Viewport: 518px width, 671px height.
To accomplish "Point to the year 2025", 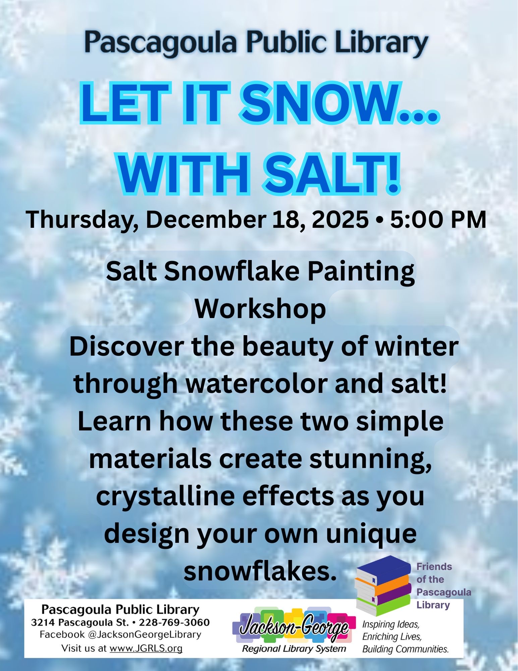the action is tap(340, 220).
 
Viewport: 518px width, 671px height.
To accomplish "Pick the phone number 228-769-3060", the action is tap(174, 623).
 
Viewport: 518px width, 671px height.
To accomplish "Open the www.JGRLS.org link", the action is tap(146, 648).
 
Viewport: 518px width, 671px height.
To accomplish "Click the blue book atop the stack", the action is tap(384, 569).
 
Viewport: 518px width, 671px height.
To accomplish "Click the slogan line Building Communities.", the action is tap(405, 649).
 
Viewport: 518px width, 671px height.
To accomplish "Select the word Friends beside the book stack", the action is tap(434, 567).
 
